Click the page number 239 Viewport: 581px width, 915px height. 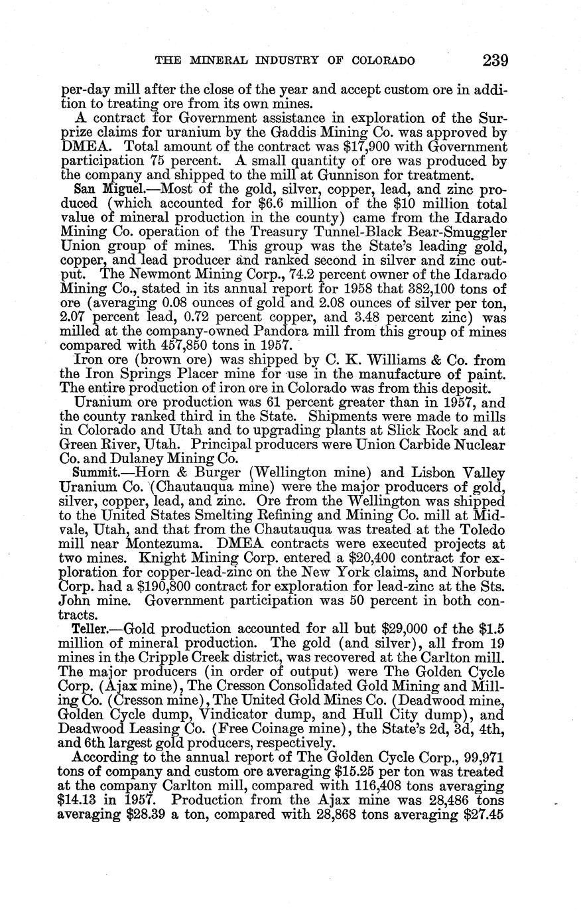click(495, 61)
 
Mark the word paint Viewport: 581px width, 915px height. click(489, 376)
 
